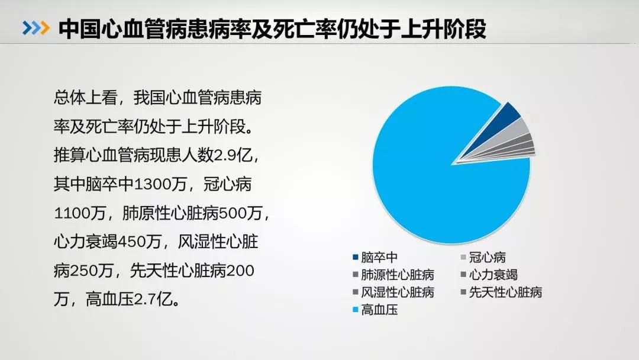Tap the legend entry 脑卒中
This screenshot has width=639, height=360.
[x=375, y=257]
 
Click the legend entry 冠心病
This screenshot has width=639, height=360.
[x=483, y=257]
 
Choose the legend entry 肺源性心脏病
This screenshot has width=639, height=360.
[x=393, y=275]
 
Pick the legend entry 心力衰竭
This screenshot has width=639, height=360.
[x=489, y=275]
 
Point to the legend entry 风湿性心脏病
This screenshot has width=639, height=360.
[x=393, y=292]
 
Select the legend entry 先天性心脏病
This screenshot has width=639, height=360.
[x=501, y=292]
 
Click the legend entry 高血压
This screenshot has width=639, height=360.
[x=375, y=310]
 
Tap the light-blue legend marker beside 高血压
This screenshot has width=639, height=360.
[x=356, y=310]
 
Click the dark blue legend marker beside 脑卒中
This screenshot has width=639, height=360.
[x=356, y=257]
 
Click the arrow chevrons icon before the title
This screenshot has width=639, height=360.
[x=36, y=28]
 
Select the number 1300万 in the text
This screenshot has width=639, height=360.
[x=160, y=184]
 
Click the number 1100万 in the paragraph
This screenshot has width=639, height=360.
[x=80, y=213]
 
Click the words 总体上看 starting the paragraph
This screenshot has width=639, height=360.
[x=86, y=98]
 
